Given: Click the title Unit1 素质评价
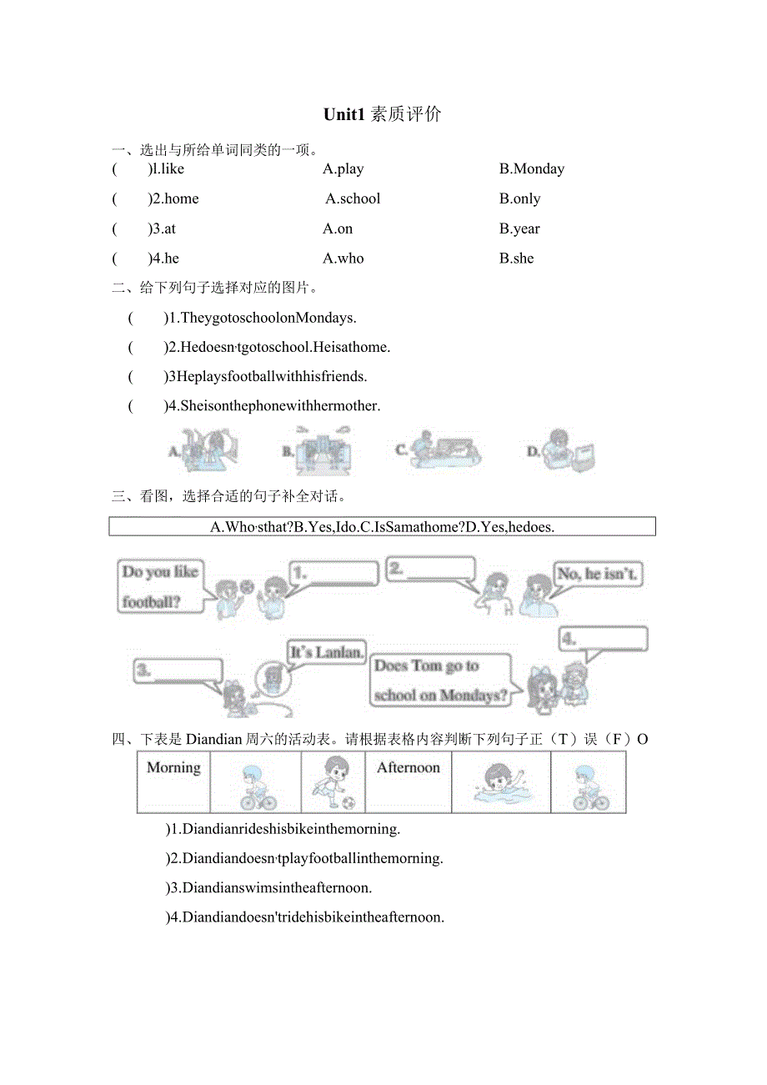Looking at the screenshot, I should click(383, 115).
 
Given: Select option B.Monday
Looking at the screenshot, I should click(531, 169).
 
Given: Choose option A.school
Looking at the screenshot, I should click(353, 199).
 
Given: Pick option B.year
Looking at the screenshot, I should click(519, 229).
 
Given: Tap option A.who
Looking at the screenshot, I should click(343, 259).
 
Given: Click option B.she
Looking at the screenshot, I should click(516, 259).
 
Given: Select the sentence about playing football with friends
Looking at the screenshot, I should click(266, 377).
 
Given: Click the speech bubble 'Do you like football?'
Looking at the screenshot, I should click(160, 586).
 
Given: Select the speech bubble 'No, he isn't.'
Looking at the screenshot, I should click(599, 575).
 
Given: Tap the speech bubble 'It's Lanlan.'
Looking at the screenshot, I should click(326, 652).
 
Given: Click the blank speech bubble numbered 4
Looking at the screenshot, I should click(603, 640).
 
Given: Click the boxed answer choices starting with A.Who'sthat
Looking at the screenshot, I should click(382, 527).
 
